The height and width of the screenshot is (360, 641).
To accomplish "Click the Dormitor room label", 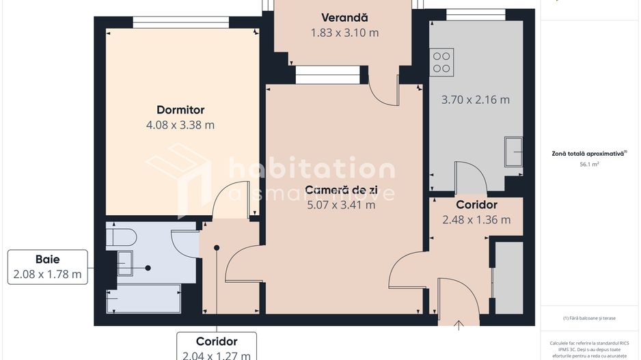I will click(180, 109).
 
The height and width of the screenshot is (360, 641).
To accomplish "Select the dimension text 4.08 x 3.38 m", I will click(180, 125).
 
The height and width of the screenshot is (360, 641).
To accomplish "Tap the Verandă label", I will click(344, 17).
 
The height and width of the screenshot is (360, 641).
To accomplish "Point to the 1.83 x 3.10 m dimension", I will click(344, 32).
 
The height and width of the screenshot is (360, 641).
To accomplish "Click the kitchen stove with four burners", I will click(442, 62).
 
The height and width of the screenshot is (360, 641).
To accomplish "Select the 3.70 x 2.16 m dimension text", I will click(475, 100).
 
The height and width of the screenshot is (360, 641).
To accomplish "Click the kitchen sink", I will click(513, 152).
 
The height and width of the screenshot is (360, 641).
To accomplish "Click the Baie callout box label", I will click(47, 260).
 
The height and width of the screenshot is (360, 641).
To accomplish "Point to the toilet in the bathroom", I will click(122, 237).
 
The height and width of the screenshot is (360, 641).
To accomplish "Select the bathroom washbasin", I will click(125, 263).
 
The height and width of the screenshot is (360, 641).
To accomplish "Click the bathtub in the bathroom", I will click(144, 299).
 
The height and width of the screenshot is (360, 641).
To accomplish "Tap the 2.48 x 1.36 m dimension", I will click(476, 219).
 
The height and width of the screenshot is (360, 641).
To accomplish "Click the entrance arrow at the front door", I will click(459, 324).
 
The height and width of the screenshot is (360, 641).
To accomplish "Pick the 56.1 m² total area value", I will click(589, 165).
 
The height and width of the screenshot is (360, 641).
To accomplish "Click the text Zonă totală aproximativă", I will click(589, 154).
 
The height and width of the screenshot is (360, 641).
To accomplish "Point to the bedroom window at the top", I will click(180, 22).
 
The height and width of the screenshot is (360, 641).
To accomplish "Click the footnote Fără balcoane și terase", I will click(589, 318).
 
